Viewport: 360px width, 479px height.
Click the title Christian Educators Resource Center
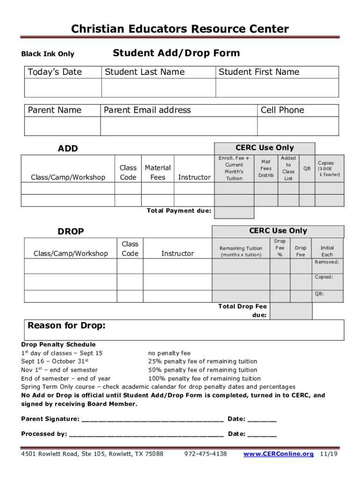tap(180, 29)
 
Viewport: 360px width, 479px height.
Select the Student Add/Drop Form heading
tap(176, 53)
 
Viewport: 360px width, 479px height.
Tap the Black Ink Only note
tap(48, 54)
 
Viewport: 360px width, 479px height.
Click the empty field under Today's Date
tap(63, 88)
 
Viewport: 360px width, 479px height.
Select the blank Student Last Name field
tap(158, 88)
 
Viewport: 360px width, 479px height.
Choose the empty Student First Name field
tap(277, 88)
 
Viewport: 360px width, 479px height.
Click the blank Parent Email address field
tap(179, 126)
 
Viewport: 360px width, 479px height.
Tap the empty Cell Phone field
tap(298, 126)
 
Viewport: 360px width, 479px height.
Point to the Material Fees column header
tap(158, 172)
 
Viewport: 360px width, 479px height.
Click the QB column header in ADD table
tap(307, 168)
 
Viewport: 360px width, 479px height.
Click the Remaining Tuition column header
tap(241, 251)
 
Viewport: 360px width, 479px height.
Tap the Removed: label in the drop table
tap(327, 262)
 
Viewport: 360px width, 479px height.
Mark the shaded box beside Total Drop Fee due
tap(291, 311)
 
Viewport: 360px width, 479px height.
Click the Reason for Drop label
tap(67, 326)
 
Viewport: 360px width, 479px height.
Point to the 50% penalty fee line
tap(202, 370)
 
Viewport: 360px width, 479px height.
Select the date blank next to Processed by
tap(262, 435)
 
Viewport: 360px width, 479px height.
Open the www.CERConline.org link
tap(279, 454)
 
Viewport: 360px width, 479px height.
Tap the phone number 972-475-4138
tap(206, 454)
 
